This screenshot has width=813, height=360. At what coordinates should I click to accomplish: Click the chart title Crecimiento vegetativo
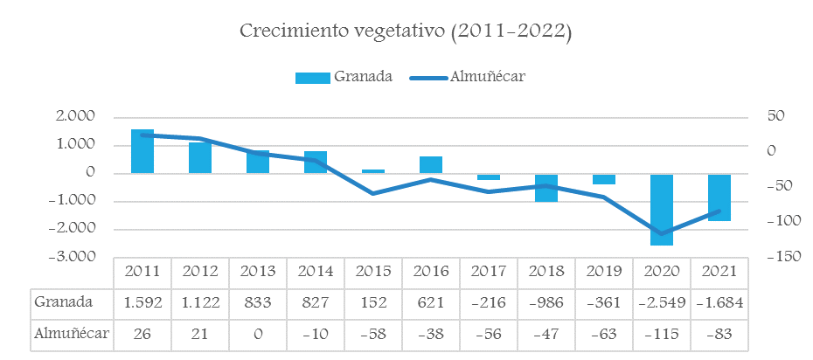click(x=406, y=32)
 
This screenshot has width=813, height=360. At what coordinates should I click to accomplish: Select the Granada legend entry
click(x=344, y=77)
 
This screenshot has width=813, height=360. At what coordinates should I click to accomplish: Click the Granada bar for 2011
click(x=142, y=151)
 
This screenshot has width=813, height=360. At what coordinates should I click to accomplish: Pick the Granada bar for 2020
click(x=662, y=209)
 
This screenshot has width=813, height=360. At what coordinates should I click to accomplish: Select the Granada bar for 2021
click(x=719, y=197)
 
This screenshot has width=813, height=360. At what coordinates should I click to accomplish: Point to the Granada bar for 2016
click(x=431, y=165)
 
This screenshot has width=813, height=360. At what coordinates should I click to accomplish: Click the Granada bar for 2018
click(x=546, y=187)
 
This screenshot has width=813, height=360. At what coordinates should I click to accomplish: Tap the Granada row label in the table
click(x=63, y=302)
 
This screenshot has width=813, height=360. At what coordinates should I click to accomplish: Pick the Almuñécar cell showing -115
click(x=662, y=333)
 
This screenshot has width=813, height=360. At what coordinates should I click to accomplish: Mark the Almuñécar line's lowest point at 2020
click(x=662, y=234)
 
